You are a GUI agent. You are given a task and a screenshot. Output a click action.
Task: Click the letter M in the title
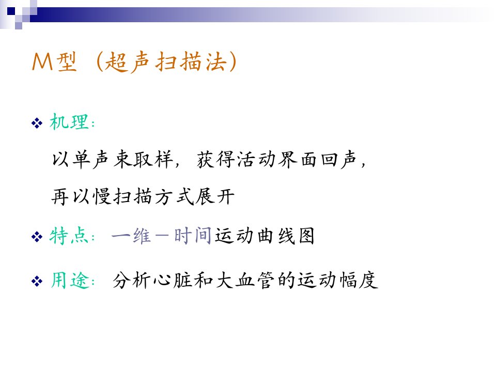coord(42,61)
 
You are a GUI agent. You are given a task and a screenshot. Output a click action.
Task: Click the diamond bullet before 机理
coord(37,123)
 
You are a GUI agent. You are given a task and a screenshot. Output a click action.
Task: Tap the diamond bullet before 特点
coord(37,237)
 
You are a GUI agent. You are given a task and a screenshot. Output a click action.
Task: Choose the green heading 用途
coord(70,280)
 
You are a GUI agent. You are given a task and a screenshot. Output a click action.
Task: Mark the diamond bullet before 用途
coord(37,281)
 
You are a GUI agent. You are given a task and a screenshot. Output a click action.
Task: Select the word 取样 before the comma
coord(153,159)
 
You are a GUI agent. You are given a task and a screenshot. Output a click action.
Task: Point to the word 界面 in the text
coord(298,159)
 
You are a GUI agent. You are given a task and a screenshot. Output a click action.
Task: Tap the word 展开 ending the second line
coord(215,196)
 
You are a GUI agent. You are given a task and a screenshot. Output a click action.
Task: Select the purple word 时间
coord(193,236)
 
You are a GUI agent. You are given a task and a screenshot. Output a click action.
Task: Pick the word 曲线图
coord(286,236)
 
